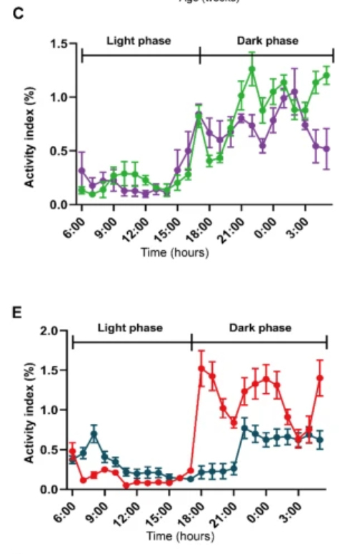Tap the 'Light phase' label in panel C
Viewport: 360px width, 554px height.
139,41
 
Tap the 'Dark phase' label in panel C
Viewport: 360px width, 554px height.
268,41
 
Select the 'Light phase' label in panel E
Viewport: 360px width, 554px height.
131,328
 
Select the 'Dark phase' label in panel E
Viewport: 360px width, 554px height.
261,328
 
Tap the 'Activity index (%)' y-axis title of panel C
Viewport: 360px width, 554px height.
30,125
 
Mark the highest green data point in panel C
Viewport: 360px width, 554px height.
252,69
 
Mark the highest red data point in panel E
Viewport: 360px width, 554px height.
201,369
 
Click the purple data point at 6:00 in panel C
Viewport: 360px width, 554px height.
81,171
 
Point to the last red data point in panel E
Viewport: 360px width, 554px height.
320,378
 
